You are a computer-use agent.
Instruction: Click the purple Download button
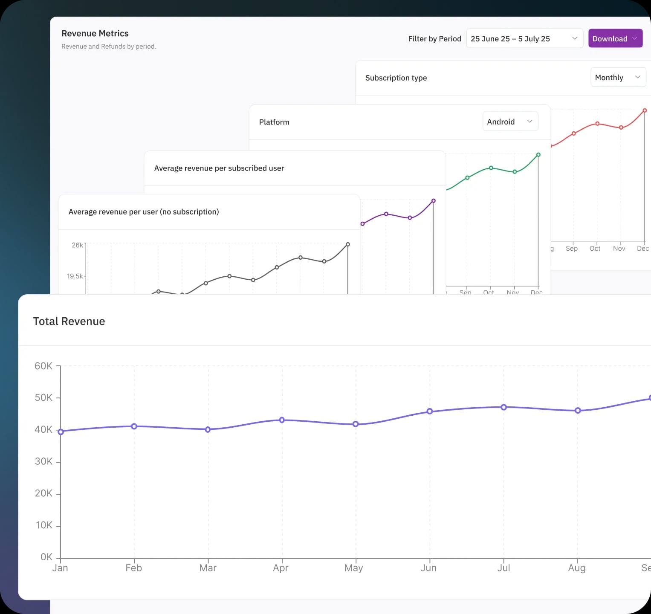point(615,38)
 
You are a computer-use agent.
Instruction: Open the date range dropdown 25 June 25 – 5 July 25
point(524,38)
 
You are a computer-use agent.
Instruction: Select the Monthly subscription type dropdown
point(617,77)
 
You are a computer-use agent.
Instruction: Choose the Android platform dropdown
point(510,122)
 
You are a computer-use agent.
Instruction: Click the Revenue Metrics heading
point(95,33)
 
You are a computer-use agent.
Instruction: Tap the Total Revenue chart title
point(69,321)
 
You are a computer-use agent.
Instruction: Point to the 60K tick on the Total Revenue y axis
point(43,366)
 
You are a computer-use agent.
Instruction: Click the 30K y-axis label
point(43,461)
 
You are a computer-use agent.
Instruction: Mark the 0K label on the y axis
point(46,557)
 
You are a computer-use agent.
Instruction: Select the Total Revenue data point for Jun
point(430,411)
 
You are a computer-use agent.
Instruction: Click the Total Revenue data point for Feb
point(134,426)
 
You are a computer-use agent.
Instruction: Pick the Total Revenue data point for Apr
point(282,420)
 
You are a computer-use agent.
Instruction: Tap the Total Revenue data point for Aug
point(578,411)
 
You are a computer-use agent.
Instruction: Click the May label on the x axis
point(353,568)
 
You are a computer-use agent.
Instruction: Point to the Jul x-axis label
point(503,568)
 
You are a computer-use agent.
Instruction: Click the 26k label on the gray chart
point(77,245)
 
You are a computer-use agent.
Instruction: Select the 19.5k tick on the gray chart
point(75,276)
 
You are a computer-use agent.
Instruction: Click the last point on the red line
point(645,110)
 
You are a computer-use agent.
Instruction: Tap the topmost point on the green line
point(538,155)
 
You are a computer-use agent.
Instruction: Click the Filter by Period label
point(434,39)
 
